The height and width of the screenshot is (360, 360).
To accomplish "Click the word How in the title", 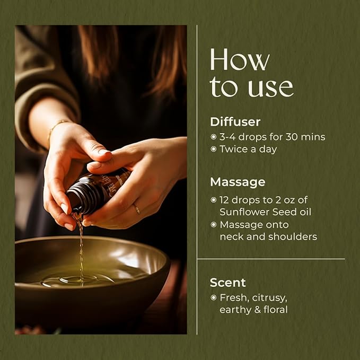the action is pyautogui.click(x=240, y=59).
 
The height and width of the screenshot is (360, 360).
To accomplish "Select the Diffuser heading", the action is pyautogui.click(x=235, y=122).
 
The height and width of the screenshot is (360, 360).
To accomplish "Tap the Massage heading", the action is pyautogui.click(x=238, y=182).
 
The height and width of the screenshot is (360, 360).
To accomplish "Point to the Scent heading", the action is pyautogui.click(x=227, y=283).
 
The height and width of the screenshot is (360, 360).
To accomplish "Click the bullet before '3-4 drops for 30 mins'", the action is pyautogui.click(x=214, y=137).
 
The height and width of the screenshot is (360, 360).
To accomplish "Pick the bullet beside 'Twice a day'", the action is pyautogui.click(x=214, y=149).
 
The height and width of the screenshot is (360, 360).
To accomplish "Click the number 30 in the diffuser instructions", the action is pyautogui.click(x=292, y=137).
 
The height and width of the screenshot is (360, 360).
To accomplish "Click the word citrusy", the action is pyautogui.click(x=269, y=298).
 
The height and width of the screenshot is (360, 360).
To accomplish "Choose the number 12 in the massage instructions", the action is pyautogui.click(x=224, y=200).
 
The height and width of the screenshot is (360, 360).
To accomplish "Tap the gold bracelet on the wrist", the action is pyautogui.click(x=57, y=127).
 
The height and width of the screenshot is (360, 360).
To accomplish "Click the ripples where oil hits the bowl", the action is pyautogui.click(x=78, y=280).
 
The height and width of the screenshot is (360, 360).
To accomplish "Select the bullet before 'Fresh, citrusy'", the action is pyautogui.click(x=214, y=298).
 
